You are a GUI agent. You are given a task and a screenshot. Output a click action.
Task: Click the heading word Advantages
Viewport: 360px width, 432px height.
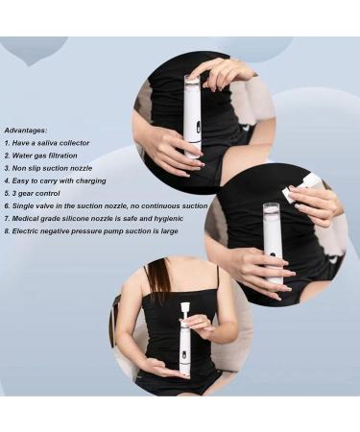coord(26,129)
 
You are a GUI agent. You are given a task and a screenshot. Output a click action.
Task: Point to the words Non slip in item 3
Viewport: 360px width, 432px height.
coord(27,169)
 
